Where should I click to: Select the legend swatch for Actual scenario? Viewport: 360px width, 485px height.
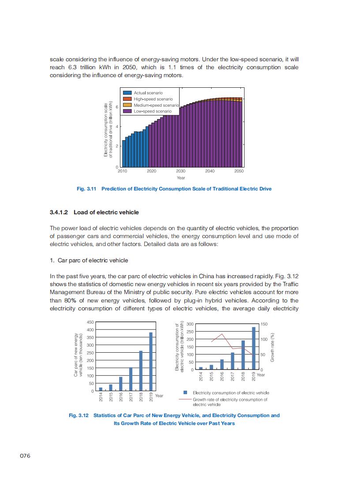[127, 93]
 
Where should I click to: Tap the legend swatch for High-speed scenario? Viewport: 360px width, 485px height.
[127, 99]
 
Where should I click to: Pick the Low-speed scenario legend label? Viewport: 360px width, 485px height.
[153, 111]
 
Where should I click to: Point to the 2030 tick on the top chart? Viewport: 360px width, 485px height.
[180, 171]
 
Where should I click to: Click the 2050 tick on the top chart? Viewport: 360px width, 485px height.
[239, 171]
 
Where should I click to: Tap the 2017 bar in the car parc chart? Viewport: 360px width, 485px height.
[131, 379]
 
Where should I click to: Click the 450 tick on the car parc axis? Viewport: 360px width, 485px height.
[90, 322]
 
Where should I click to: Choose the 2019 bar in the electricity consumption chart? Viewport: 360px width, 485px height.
[254, 348]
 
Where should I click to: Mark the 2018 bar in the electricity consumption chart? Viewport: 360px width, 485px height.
[243, 354]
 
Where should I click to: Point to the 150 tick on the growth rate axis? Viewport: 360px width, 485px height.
[264, 324]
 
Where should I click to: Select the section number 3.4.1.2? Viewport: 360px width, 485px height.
[59, 213]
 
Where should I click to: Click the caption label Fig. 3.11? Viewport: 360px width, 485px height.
[86, 189]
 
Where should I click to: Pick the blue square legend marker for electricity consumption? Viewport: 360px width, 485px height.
[185, 392]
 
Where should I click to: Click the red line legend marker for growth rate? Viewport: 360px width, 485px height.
[185, 399]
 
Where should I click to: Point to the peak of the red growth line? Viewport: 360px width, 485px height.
[222, 334]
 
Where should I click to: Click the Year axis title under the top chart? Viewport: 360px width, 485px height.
[181, 178]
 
